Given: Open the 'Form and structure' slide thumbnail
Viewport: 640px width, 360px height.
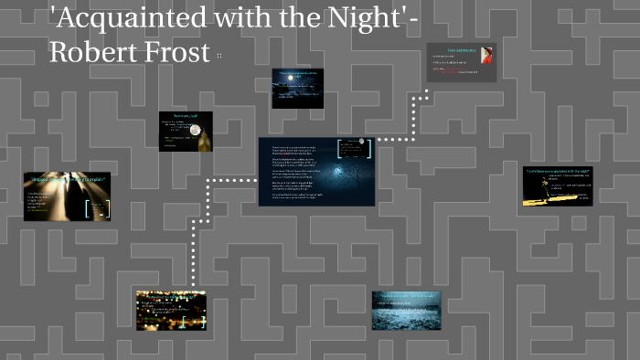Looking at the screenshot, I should pyautogui.click(x=461, y=63).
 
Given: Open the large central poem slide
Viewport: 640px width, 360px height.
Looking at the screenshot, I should pyautogui.click(x=316, y=171).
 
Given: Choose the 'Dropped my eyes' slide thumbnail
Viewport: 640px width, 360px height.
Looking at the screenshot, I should pyautogui.click(x=67, y=196).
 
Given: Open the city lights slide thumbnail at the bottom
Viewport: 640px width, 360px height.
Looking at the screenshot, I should pyautogui.click(x=170, y=310).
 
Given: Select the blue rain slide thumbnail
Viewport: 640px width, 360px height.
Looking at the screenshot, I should pyautogui.click(x=406, y=310).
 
